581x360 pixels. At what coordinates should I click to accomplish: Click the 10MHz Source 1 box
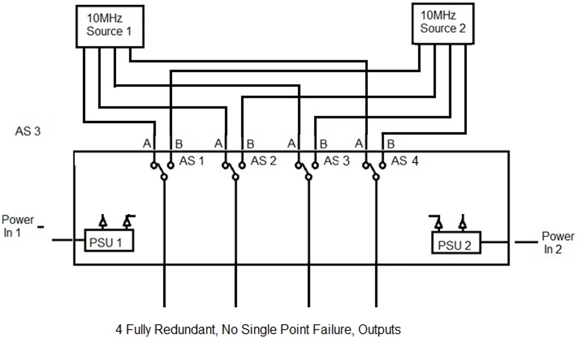108,26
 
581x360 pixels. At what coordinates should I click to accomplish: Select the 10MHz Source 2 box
443,23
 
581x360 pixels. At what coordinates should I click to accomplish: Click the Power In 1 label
17,226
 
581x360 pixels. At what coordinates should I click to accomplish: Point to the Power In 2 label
557,243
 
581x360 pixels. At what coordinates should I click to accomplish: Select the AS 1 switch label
191,161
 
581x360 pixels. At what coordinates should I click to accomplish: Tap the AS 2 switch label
263,161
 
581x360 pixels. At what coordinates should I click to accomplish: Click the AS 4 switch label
405,161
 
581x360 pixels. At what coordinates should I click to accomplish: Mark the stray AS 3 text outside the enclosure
28,131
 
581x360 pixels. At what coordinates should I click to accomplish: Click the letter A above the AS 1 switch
147,144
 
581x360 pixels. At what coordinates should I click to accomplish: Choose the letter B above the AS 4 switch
391,144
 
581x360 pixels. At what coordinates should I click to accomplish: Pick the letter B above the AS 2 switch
250,144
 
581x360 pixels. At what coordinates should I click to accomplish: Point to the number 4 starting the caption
119,329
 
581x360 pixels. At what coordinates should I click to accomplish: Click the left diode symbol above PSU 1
103,222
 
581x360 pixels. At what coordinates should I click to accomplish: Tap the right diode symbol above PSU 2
463,223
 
